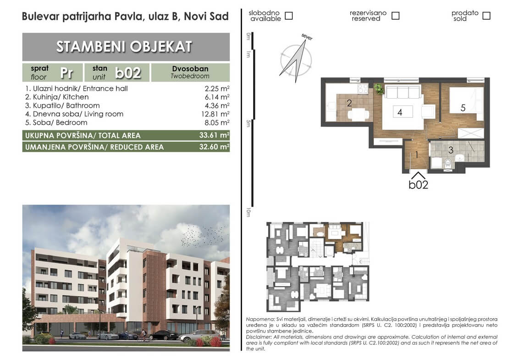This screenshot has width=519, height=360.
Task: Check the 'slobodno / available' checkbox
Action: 289,16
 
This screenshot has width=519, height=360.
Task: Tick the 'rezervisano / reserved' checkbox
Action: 395,16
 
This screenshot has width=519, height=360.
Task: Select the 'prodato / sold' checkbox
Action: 486,16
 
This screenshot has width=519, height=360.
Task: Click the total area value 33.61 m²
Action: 214,135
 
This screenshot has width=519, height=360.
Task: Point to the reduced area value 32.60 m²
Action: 214,147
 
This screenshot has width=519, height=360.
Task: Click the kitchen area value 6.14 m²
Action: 217,97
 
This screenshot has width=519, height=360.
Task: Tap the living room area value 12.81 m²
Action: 215,114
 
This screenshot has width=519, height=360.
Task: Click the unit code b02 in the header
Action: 128,72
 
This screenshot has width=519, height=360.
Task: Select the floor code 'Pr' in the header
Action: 66,72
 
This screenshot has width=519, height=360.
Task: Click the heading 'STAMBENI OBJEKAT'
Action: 124,47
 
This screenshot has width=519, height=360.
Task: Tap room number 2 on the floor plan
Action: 349,103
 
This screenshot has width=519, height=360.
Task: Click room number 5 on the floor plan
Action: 463,108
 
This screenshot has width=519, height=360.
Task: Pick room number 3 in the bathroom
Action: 451,150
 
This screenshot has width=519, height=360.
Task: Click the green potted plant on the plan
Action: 378,89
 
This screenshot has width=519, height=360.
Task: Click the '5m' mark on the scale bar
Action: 248,123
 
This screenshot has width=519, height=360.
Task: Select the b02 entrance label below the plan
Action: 419,184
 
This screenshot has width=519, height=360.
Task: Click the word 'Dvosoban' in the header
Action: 190,68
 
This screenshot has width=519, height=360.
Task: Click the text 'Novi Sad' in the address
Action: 206,16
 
